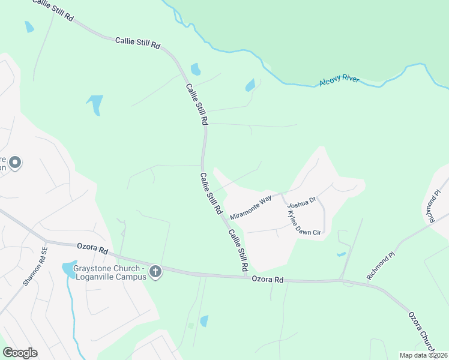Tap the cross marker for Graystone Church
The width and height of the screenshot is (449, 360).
155,272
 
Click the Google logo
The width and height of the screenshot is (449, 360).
20,353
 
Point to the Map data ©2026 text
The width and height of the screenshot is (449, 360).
423,355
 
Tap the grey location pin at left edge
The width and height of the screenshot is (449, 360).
16,162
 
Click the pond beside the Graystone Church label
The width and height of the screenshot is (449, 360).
68,268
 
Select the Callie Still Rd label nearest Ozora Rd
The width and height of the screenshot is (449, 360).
238,251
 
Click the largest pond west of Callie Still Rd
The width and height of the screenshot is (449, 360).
95,104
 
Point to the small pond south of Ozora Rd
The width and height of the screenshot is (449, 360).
204,321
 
